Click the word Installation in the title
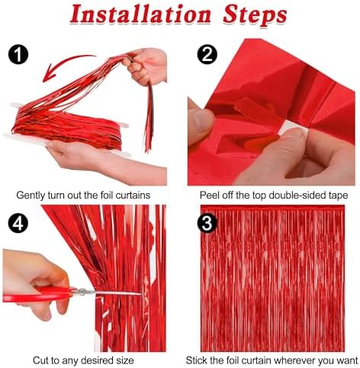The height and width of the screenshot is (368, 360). (x=140, y=15)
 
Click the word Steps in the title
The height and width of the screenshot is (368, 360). (x=255, y=15)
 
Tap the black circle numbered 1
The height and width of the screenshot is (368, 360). (x=18, y=54)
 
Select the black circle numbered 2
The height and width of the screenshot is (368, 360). (x=207, y=54)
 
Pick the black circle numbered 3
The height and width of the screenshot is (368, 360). (x=207, y=223)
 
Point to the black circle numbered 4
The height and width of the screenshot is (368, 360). (x=18, y=223)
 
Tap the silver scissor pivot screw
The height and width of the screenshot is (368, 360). (x=83, y=292)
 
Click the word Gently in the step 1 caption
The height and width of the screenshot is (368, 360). (x=31, y=195)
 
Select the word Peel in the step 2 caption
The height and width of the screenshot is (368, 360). (x=210, y=195)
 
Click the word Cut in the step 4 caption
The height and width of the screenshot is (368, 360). (x=41, y=360)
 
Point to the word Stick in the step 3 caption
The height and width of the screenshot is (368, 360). (x=198, y=360)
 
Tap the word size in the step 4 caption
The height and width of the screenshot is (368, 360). (x=124, y=360)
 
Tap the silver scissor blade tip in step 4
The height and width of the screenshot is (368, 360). (x=141, y=294)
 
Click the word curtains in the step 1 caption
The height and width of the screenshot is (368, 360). (x=133, y=195)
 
